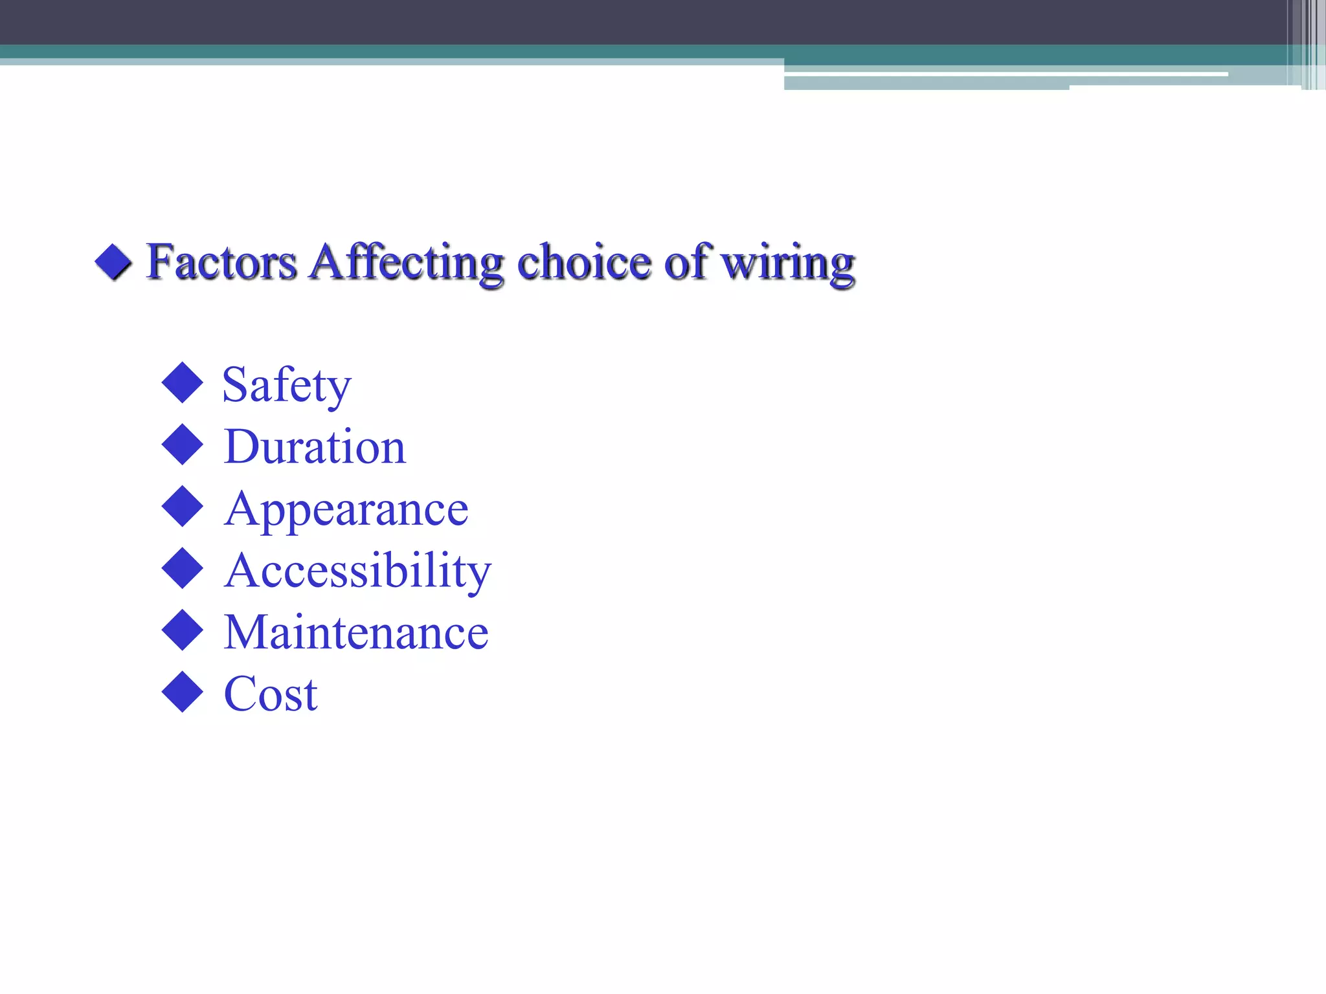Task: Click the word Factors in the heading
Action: point(221,262)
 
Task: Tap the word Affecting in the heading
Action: point(407,262)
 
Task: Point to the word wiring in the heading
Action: point(788,263)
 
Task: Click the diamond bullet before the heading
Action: point(114,262)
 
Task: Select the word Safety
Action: point(287,385)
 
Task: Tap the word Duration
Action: point(315,447)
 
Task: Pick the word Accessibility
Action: point(357,571)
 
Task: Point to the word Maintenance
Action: point(356,632)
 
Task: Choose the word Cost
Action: point(271,694)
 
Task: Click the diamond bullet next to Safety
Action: point(183,382)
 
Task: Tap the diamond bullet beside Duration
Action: point(183,445)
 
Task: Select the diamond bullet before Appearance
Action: point(183,506)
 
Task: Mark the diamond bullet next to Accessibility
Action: point(183,568)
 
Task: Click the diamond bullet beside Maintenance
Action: point(183,630)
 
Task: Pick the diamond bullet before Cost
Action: point(183,692)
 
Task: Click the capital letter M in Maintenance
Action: point(244,632)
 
